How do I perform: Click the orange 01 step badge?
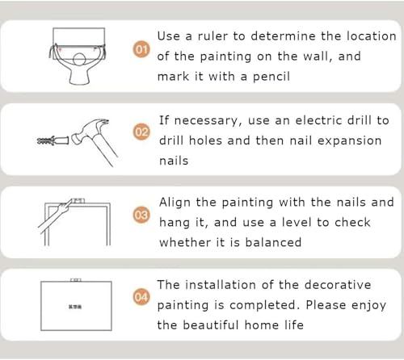[x=141, y=49]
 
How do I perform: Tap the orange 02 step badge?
[x=141, y=132]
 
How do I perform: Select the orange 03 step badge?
[x=141, y=215]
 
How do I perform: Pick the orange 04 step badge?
[x=141, y=297]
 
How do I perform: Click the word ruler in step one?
[x=213, y=36]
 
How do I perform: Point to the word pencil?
[x=271, y=77]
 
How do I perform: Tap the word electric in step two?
[x=318, y=120]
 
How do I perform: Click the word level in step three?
[x=297, y=222]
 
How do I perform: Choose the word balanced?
[x=273, y=242]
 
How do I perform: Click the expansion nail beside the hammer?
[x=53, y=140]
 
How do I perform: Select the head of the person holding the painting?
[x=79, y=59]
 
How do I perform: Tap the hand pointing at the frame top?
[x=65, y=207]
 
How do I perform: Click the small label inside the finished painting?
[x=75, y=307]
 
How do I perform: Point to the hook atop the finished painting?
[x=76, y=280]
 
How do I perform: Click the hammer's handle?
[x=105, y=149]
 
